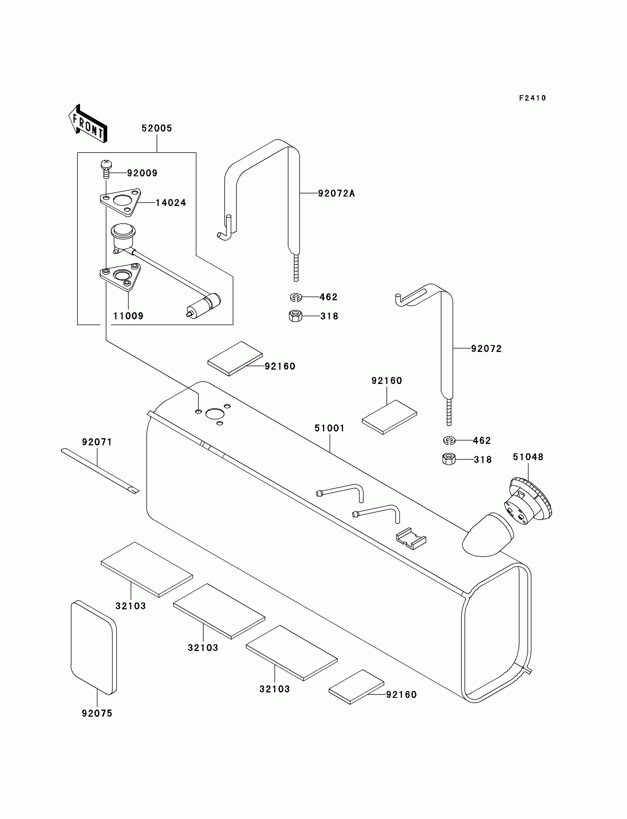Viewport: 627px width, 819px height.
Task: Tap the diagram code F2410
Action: coord(532,98)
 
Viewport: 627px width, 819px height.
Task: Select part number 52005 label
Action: coord(157,128)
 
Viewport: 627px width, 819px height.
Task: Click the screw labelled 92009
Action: coord(106,169)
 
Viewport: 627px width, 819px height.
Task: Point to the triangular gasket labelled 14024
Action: coord(121,202)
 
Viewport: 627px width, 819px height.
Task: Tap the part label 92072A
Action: coord(336,193)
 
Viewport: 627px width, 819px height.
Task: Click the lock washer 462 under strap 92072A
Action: coord(295,297)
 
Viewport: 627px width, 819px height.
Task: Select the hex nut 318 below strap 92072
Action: coord(448,459)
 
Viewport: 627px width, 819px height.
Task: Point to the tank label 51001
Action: coord(329,428)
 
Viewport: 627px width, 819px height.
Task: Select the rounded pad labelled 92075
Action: coord(94,648)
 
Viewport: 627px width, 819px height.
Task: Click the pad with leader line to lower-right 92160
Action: coord(356,687)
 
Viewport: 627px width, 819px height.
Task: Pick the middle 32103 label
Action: coord(202,648)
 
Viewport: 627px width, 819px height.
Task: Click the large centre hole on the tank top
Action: coord(215,414)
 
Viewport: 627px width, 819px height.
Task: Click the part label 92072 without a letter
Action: coord(486,349)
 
